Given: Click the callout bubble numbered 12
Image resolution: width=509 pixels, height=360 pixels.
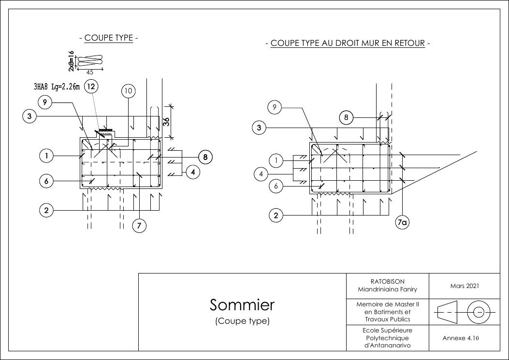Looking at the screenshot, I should coord(91,86).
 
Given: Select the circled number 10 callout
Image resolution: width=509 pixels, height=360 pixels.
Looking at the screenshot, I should coord(128,90).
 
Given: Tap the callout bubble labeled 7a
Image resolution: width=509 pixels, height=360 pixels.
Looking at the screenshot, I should coord(402,222).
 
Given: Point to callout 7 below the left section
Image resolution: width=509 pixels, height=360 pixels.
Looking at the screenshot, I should coord(139,226).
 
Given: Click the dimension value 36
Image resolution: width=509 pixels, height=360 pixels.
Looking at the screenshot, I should coord(166,121).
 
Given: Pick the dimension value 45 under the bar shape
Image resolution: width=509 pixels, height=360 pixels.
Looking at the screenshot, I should coord(89,72).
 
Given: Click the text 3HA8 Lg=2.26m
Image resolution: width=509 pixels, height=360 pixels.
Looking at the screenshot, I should coord(57,87).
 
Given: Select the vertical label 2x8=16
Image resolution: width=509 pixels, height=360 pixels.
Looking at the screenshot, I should coord(72,61).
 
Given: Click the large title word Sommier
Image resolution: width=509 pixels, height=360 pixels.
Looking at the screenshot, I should coord(242,305).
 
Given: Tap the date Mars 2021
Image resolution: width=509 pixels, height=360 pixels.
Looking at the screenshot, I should coord(464,286).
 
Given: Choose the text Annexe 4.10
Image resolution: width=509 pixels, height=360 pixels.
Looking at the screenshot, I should coord(464,338).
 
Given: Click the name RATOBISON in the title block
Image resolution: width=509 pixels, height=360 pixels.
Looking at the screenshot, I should coord(387,281).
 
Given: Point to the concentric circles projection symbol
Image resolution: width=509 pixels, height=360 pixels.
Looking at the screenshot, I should coord(479,312).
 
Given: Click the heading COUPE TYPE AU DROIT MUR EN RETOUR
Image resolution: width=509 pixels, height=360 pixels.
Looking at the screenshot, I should coord(348,43).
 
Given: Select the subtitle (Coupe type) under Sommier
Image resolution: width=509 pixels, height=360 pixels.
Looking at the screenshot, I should coord(242,321).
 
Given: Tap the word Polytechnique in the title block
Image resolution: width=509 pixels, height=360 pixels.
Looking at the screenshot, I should coord(387,338).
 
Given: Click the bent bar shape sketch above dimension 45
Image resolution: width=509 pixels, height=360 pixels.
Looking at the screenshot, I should coord(90,61).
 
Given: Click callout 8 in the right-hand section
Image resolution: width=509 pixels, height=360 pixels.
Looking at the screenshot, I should coord(346,117).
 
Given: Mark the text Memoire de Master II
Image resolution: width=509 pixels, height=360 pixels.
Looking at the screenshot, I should coord(387,305).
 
